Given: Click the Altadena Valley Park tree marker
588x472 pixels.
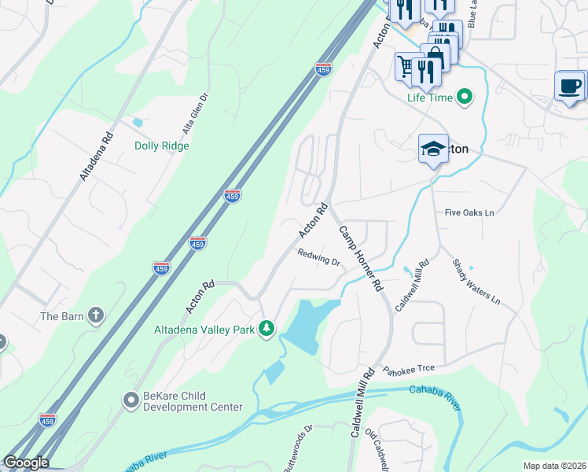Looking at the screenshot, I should click(x=267, y=328).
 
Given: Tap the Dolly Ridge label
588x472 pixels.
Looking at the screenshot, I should click(x=162, y=146).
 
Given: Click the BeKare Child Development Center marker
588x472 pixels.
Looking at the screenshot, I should click(x=130, y=400).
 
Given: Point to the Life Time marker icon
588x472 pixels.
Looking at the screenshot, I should click(x=465, y=98).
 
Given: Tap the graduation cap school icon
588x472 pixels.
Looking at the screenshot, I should click(x=432, y=149).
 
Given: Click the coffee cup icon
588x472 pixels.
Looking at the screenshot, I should click(x=569, y=85).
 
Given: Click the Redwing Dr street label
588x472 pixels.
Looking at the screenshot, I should click(x=318, y=257).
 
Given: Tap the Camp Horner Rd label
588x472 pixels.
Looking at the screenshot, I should click(x=361, y=259).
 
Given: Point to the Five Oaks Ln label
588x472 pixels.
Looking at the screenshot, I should click(x=469, y=212).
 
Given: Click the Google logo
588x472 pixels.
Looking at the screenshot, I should click(x=25, y=463).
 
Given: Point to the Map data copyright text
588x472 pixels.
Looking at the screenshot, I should click(x=554, y=466).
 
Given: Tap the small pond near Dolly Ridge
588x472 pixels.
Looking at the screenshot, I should click(x=138, y=123).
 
